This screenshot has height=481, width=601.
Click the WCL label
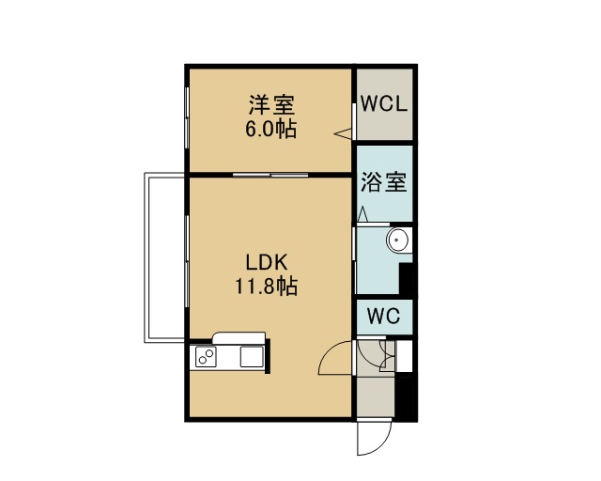(384, 103)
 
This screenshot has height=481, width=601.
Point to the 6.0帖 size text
(270, 130)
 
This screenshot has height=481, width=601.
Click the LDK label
(267, 263)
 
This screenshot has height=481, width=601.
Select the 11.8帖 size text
(266, 287)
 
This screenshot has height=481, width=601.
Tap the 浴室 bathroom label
(384, 181)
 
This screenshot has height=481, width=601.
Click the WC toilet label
(383, 317)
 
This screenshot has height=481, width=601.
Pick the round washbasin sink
(398, 240)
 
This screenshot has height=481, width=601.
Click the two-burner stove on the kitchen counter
(206, 356)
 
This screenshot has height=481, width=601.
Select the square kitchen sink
(252, 356)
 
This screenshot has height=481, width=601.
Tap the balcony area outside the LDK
(165, 257)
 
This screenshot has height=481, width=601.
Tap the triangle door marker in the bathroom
(362, 214)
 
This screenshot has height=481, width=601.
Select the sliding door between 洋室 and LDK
(270, 175)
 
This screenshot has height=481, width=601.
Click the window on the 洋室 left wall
(187, 119)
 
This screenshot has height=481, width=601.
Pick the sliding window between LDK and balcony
(187, 261)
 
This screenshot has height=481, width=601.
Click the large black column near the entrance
(407, 399)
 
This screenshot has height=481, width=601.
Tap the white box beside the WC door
(404, 356)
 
